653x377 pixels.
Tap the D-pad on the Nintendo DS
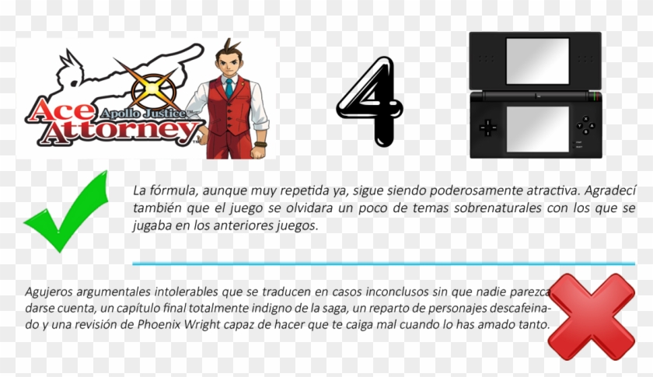(488, 125)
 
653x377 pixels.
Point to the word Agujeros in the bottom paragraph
(50, 292)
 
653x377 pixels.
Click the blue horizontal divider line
(381, 264)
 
